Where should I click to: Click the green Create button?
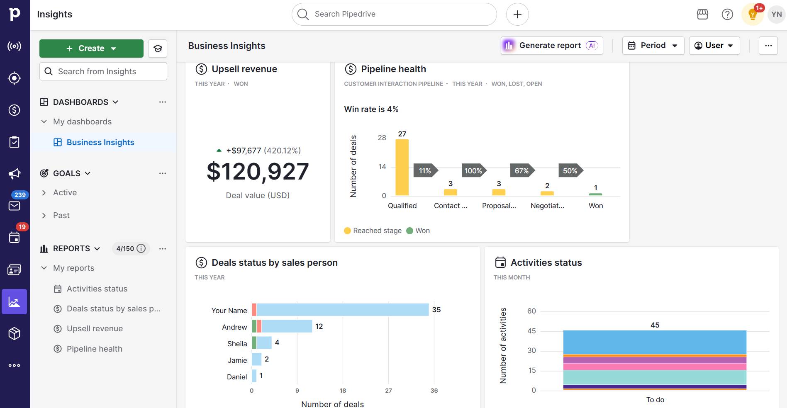(91, 49)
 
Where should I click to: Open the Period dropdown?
(653, 46)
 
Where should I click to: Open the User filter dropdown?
(714, 46)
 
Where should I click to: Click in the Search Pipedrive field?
(394, 14)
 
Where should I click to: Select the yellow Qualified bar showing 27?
(402, 167)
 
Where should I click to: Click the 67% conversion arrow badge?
(522, 171)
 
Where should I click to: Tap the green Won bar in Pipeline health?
(595, 194)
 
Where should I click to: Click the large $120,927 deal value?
(258, 171)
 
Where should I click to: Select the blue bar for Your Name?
(342, 310)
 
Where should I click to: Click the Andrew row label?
(234, 327)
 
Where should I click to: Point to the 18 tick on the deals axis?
(343, 391)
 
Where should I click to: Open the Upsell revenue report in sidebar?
(95, 329)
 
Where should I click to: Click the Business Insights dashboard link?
(100, 142)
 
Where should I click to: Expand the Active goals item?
(65, 192)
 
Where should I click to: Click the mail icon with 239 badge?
(15, 206)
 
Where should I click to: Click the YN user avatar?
(776, 15)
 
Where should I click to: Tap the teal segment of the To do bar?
(655, 377)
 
